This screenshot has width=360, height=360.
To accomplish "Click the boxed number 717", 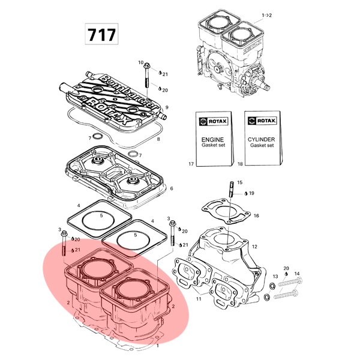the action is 102,34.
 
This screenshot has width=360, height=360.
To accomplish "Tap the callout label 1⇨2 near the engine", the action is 267,16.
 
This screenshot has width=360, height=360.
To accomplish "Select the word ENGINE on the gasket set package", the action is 212,140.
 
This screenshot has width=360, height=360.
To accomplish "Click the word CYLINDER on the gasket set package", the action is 261,139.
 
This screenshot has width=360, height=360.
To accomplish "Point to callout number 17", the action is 191,164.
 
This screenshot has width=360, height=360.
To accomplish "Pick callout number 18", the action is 240,164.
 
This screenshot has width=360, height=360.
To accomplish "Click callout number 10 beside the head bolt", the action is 140,62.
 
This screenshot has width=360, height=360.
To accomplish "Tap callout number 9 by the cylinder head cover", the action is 167,107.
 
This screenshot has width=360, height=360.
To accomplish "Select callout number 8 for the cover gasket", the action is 158,139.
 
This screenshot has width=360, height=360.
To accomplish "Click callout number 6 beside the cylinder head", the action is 171,188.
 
